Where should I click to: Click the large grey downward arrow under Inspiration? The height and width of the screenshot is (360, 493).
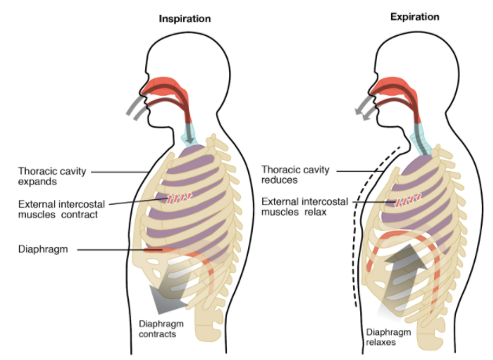coord(171,294)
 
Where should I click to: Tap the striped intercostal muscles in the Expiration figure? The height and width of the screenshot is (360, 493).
coord(406,201)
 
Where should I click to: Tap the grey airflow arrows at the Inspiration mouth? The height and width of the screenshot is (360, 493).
coord(138,109)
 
